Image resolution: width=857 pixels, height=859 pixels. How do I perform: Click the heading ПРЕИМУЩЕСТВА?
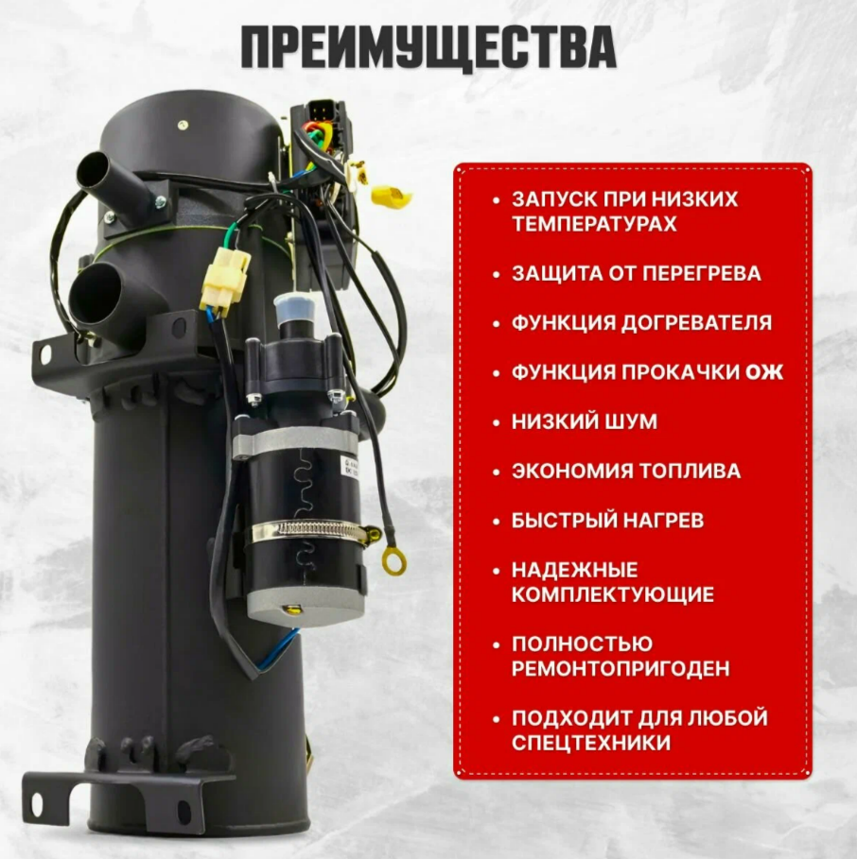click(x=428, y=47)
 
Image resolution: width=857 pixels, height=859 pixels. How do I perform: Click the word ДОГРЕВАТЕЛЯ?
click(x=696, y=323)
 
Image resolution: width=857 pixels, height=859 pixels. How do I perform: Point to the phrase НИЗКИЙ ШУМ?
click(x=584, y=421)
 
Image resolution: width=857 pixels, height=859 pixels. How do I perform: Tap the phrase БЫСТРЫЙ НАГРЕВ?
click(x=607, y=521)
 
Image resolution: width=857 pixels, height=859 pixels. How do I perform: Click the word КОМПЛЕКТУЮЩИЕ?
click(x=612, y=595)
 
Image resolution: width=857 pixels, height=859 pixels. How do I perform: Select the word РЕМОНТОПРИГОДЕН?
click(x=621, y=669)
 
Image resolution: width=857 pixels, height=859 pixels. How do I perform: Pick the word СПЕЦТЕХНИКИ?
click(x=590, y=744)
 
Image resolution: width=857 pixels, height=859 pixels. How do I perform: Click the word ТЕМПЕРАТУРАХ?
click(x=594, y=224)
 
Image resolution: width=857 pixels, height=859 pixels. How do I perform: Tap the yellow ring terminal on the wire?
click(x=394, y=560)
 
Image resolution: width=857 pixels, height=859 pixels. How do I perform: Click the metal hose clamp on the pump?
click(x=315, y=530)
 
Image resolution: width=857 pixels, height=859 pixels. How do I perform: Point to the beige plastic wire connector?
click(x=225, y=278)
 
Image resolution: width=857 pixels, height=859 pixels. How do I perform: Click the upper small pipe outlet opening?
click(x=92, y=171)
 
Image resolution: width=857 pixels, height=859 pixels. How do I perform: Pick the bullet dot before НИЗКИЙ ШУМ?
click(x=497, y=422)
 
